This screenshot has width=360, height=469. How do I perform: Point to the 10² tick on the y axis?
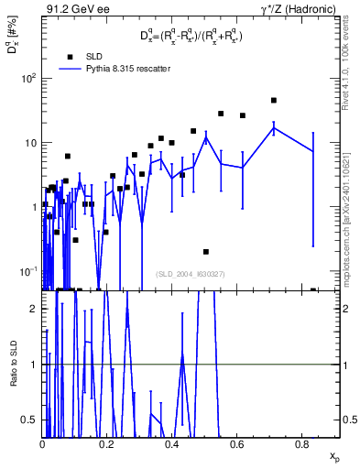27,78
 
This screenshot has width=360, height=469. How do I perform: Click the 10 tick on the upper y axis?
30,143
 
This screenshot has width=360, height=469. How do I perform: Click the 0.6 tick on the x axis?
236,443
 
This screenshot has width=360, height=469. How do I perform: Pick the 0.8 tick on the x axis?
301,443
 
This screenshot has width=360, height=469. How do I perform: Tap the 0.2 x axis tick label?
107,443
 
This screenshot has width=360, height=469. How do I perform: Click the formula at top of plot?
191,36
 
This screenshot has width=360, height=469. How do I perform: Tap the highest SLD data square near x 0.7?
274,101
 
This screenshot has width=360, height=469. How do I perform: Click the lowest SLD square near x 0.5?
206,251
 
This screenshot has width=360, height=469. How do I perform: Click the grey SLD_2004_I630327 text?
190,273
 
